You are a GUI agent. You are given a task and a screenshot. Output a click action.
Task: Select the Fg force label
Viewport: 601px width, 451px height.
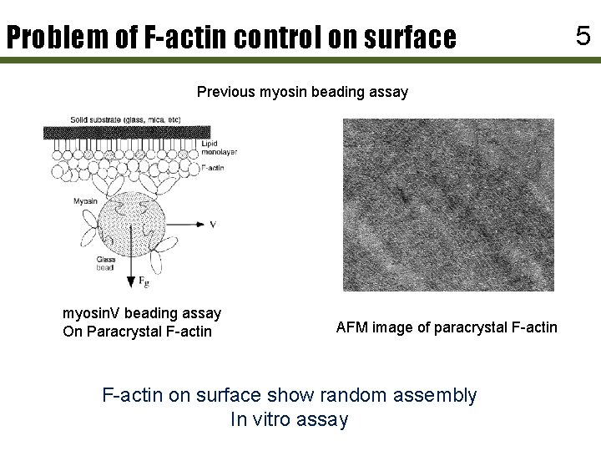click(x=144, y=281)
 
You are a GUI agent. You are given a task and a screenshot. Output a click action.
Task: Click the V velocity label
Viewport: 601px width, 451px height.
click(x=215, y=225)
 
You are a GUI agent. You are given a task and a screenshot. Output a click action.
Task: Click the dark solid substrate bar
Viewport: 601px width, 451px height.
click(x=126, y=132)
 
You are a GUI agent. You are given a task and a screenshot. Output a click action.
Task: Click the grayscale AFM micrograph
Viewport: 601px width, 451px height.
click(x=448, y=205)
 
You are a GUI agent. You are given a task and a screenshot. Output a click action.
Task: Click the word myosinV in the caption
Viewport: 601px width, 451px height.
click(x=93, y=313)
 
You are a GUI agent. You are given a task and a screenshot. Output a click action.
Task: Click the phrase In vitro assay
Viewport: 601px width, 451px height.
click(x=289, y=419)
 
